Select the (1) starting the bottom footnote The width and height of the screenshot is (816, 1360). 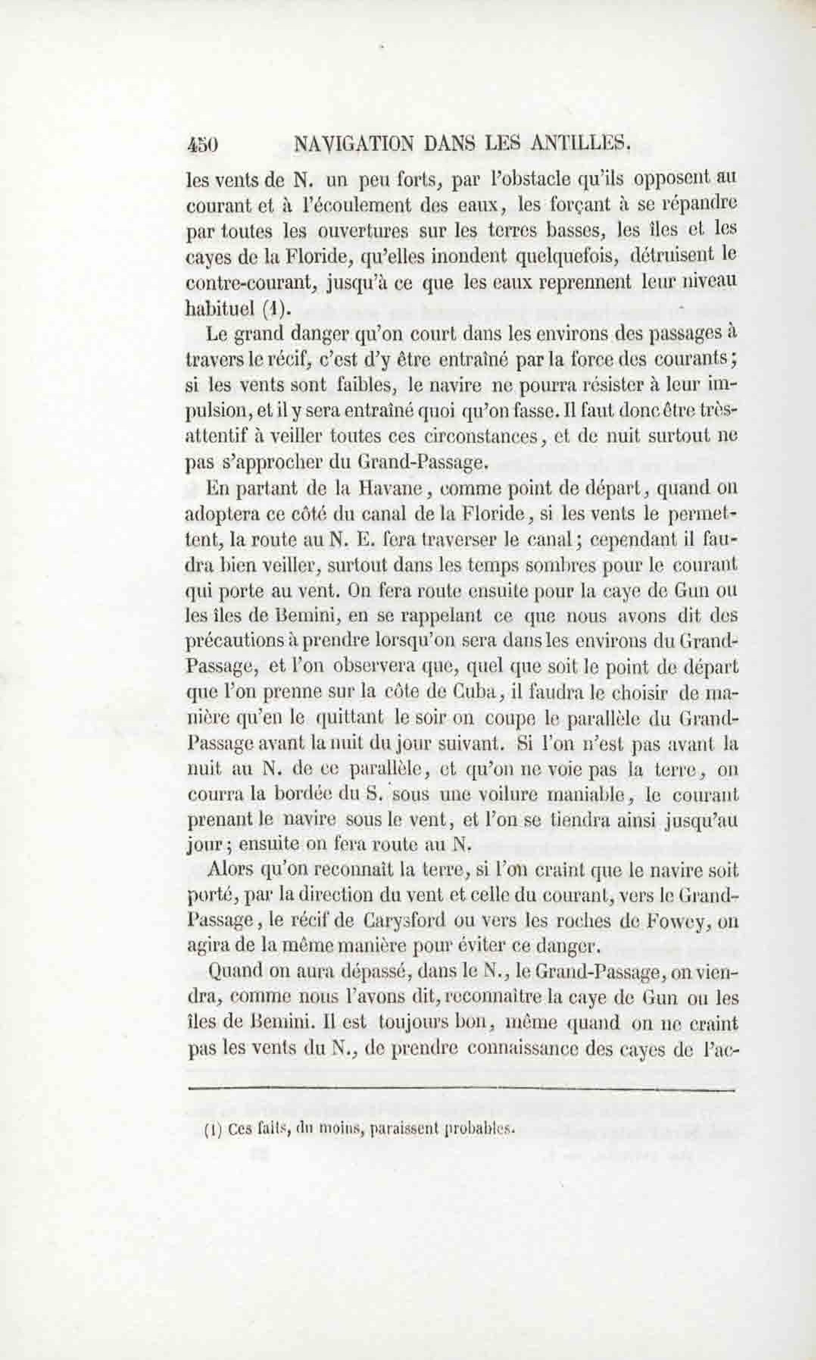pos(211,1128)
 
